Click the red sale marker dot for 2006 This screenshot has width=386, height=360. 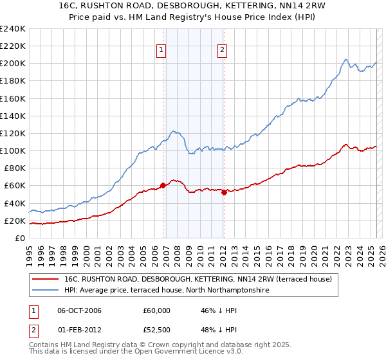pos(163,186)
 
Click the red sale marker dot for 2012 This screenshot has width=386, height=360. pos(224,192)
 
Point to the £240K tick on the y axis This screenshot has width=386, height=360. pos(13,29)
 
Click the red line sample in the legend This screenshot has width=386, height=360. pos(45,280)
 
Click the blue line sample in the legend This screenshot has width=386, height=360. pos(45,291)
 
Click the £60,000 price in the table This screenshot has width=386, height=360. pos(157,310)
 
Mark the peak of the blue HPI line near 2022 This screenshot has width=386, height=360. pos(345,60)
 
